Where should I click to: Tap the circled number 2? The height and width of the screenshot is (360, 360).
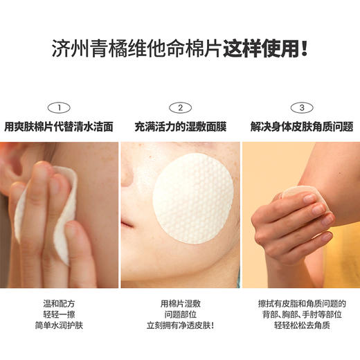coord(179,107)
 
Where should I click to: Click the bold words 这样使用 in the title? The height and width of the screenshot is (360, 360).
coord(260,50)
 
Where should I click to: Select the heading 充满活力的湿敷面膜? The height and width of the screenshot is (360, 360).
coord(179,127)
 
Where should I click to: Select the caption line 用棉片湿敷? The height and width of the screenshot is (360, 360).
coord(179,303)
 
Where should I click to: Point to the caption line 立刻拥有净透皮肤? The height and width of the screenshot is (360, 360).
coord(179,329)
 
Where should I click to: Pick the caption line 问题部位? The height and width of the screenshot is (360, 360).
coord(179,316)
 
